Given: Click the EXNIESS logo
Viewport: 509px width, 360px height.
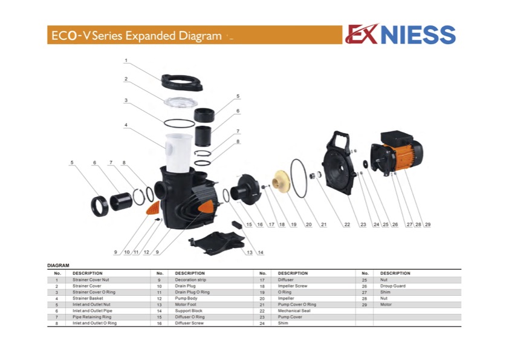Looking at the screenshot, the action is (x=400, y=34).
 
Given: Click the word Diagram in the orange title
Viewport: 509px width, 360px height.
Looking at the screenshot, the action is (x=200, y=36).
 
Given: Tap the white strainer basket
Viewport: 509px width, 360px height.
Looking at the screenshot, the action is (x=178, y=152).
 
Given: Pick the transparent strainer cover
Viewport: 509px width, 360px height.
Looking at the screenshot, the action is (x=181, y=103).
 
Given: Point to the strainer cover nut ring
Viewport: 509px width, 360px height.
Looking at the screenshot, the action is (x=182, y=82).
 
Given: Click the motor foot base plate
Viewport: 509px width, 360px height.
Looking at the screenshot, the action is (x=217, y=243).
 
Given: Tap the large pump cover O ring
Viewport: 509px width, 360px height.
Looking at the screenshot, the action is (x=298, y=178).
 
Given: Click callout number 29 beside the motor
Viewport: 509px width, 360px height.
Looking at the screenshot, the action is (x=427, y=224).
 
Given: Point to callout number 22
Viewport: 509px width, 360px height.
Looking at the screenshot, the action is (x=347, y=224).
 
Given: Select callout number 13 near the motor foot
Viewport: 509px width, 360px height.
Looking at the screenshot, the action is (x=249, y=252).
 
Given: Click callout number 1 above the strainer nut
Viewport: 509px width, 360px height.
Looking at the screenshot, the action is (x=126, y=61).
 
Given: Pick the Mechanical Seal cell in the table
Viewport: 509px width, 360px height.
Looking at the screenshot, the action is (x=294, y=310).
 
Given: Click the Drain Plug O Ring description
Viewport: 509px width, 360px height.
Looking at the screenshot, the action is (x=192, y=292).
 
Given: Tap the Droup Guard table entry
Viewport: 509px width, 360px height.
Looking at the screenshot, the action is (x=393, y=286).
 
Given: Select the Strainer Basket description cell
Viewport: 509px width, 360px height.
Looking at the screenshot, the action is (x=88, y=298).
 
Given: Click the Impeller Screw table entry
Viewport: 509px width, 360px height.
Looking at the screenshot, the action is (x=292, y=286).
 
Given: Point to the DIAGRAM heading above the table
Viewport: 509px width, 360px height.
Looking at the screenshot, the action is (x=58, y=266).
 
